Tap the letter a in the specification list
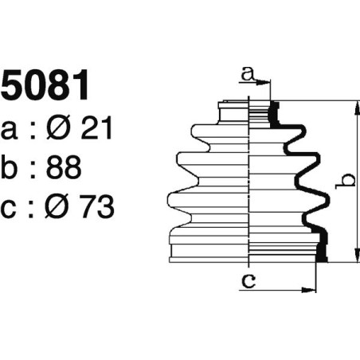pyautogui.click(x=11, y=129)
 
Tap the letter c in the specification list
pyautogui.click(x=11, y=209)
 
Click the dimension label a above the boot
pyautogui.click(x=248, y=74)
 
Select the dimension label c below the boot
pyautogui.click(x=248, y=281)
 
